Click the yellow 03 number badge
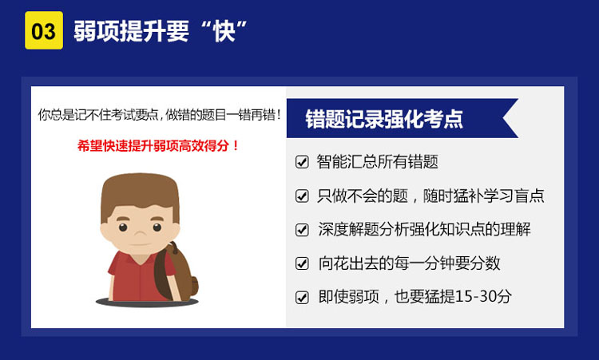(44, 30)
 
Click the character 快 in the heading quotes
(224, 31)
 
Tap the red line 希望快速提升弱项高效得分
(158, 145)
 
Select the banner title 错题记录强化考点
(384, 119)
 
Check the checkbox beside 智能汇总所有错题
(302, 162)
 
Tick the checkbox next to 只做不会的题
(302, 196)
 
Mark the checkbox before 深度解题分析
(302, 229)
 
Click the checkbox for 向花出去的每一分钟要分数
(302, 263)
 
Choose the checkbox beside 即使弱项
(302, 297)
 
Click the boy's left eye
(123, 227)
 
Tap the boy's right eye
(157, 227)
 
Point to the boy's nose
(140, 233)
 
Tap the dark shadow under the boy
(147, 303)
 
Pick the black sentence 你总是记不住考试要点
(98, 114)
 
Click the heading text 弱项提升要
(131, 31)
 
